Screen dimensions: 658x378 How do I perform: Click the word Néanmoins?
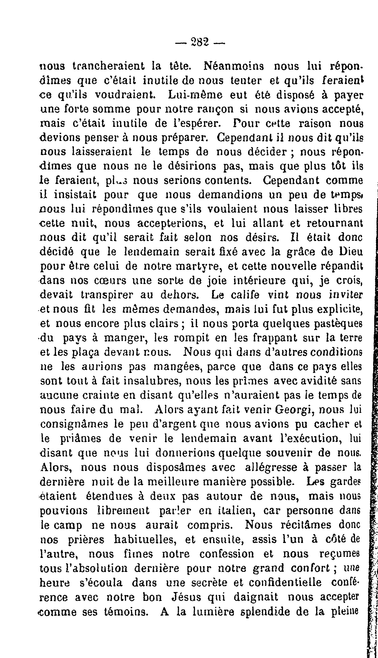pos(234,66)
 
